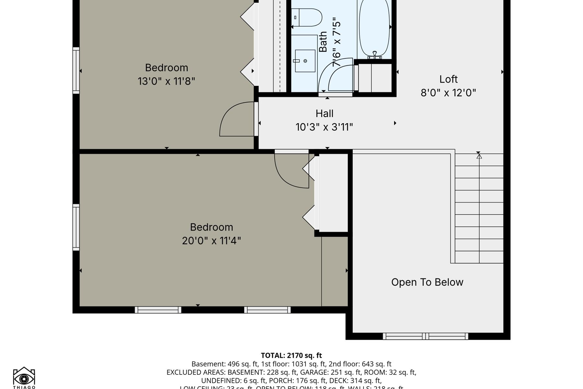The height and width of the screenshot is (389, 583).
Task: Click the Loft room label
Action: pyautogui.click(x=448, y=79)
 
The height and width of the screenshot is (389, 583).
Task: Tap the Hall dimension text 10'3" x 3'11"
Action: pyautogui.click(x=324, y=127)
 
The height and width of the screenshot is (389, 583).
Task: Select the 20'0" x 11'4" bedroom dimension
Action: pyautogui.click(x=211, y=241)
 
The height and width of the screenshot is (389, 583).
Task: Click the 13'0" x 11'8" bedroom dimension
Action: pyautogui.click(x=166, y=81)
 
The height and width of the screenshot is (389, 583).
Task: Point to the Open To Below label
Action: pyautogui.click(x=427, y=282)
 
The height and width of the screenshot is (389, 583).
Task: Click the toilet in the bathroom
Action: pyautogui.click(x=308, y=18)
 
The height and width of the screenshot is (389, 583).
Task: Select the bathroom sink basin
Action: pyautogui.click(x=305, y=61)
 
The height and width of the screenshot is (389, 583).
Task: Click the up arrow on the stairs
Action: pyautogui.click(x=479, y=156)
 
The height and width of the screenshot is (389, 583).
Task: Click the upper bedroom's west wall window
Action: pyautogui.click(x=76, y=70)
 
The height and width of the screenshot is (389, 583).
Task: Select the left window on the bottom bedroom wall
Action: pyautogui.click(x=158, y=310)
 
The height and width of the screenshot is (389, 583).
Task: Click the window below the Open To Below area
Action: pyautogui.click(x=425, y=336)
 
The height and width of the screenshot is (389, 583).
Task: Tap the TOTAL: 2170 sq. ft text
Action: pyautogui.click(x=291, y=356)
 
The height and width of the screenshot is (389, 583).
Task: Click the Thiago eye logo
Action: pyautogui.click(x=24, y=377)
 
